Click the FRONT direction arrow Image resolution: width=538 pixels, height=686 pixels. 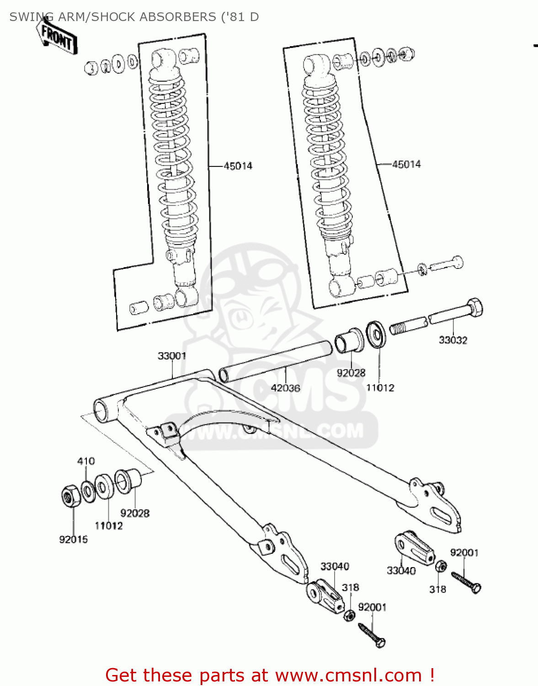pos(57,36)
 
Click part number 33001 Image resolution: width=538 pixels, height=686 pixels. pos(172,356)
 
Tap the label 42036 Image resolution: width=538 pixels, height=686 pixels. pos(285,388)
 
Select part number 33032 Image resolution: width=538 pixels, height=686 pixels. pos(453,340)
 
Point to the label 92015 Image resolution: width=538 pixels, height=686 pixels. pos(73,540)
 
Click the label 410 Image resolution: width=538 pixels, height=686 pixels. pos(86,461)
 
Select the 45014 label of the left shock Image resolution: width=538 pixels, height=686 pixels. pos(238,166)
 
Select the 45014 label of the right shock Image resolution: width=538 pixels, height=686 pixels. pos(406,164)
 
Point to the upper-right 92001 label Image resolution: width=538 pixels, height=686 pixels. pos(464,552)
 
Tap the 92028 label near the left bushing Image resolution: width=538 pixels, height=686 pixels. pos(135,513)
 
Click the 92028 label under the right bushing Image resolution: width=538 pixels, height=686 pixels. pos(351,373)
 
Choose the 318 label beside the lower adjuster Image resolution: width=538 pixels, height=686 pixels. pos(350,587)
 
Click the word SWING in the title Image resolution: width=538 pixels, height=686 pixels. pos(27,17)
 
